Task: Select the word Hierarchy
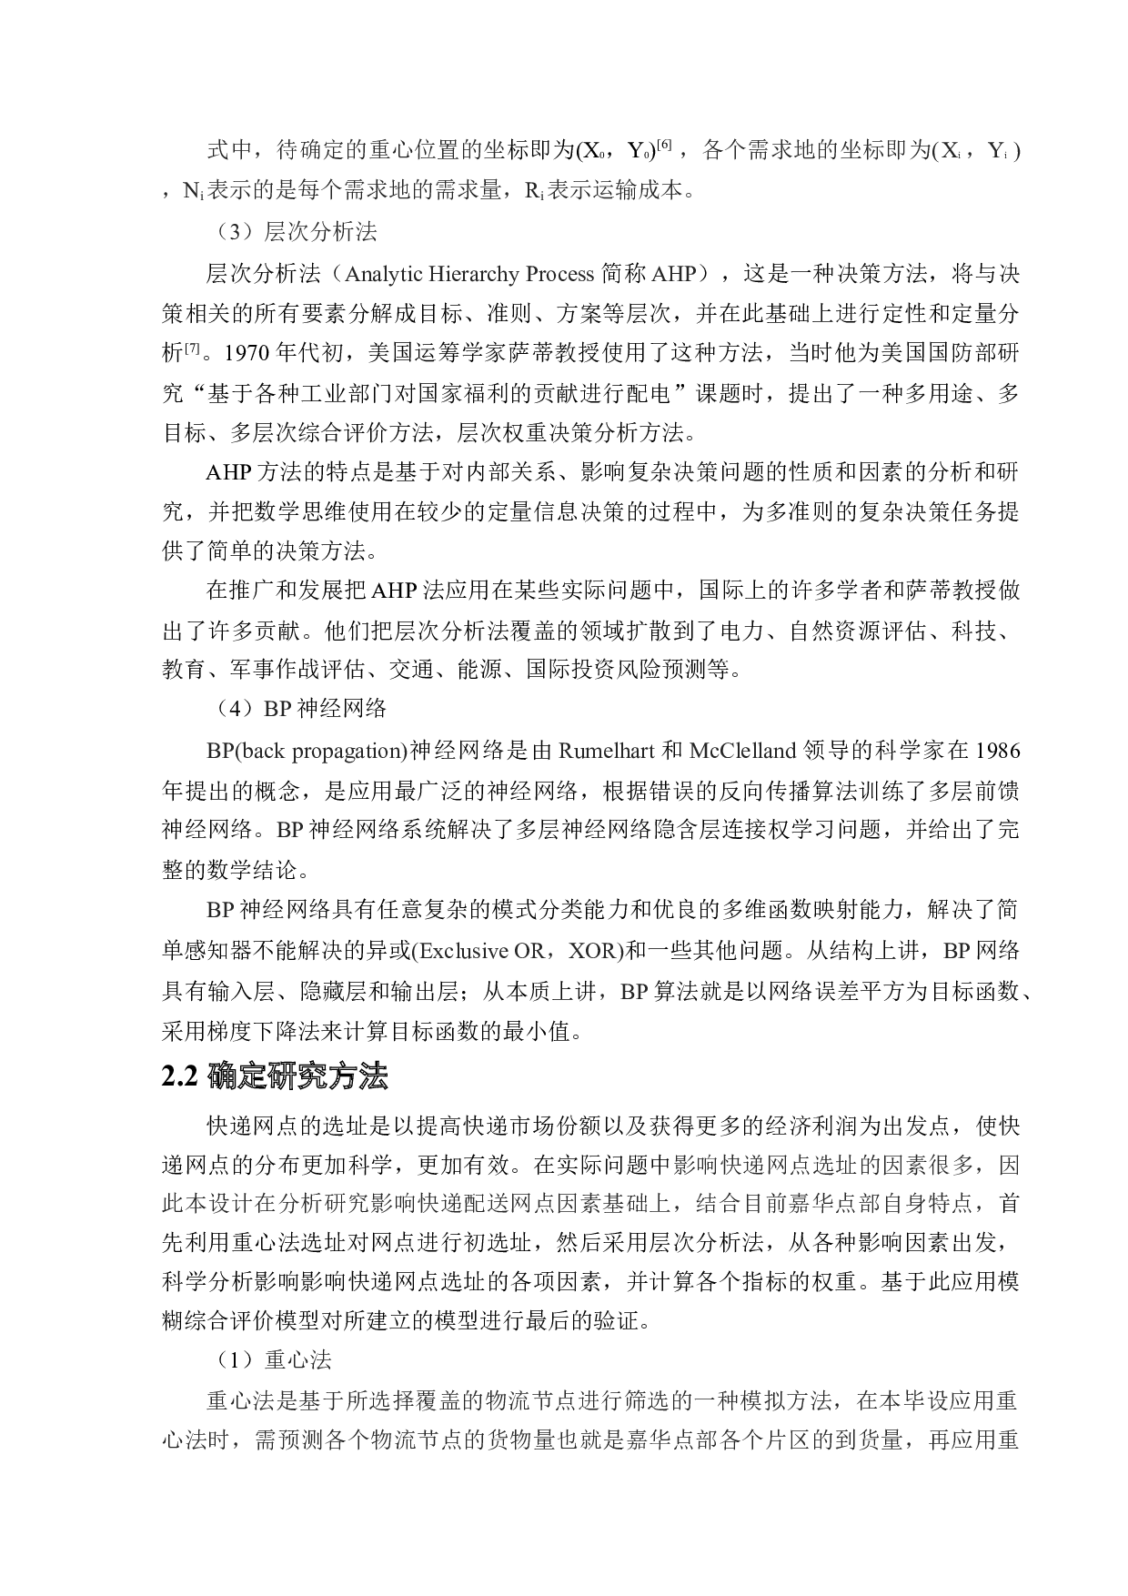pyautogui.click(x=473, y=274)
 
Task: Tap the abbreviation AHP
pyautogui.click(x=674, y=274)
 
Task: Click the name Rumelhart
pyautogui.click(x=607, y=751)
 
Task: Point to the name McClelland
pyautogui.click(x=743, y=751)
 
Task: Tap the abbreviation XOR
pyautogui.click(x=592, y=951)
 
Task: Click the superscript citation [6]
pyautogui.click(x=665, y=145)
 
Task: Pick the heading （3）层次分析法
pyautogui.click(x=292, y=232)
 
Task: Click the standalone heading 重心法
pyautogui.click(x=297, y=1359)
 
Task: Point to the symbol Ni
pyautogui.click(x=193, y=190)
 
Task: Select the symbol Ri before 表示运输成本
pyautogui.click(x=535, y=190)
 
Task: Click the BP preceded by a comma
pyautogui.click(x=634, y=991)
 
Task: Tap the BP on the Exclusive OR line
pyautogui.click(x=957, y=951)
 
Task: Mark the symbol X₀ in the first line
pyautogui.click(x=591, y=150)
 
